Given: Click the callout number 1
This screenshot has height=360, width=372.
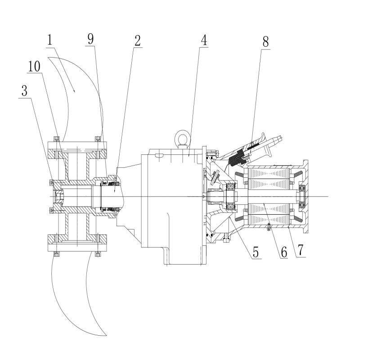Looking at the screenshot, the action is pyautogui.click(x=49, y=40).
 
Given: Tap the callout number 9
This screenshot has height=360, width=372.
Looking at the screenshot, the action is pyautogui.click(x=90, y=39).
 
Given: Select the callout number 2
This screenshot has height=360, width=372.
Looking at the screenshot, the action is pyautogui.click(x=138, y=40).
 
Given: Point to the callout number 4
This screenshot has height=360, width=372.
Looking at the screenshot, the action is pyautogui.click(x=204, y=40).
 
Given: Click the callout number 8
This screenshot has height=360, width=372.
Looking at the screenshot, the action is pyautogui.click(x=265, y=42).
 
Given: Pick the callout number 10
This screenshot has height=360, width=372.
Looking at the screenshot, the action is pyautogui.click(x=34, y=66).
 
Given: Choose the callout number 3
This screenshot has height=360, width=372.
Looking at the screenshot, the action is pyautogui.click(x=24, y=90).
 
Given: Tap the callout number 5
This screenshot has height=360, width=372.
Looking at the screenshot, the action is pyautogui.click(x=255, y=252).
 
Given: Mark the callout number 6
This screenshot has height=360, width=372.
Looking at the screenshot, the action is pyautogui.click(x=284, y=252).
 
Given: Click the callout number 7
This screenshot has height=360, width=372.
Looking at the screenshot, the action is pyautogui.click(x=300, y=250).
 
